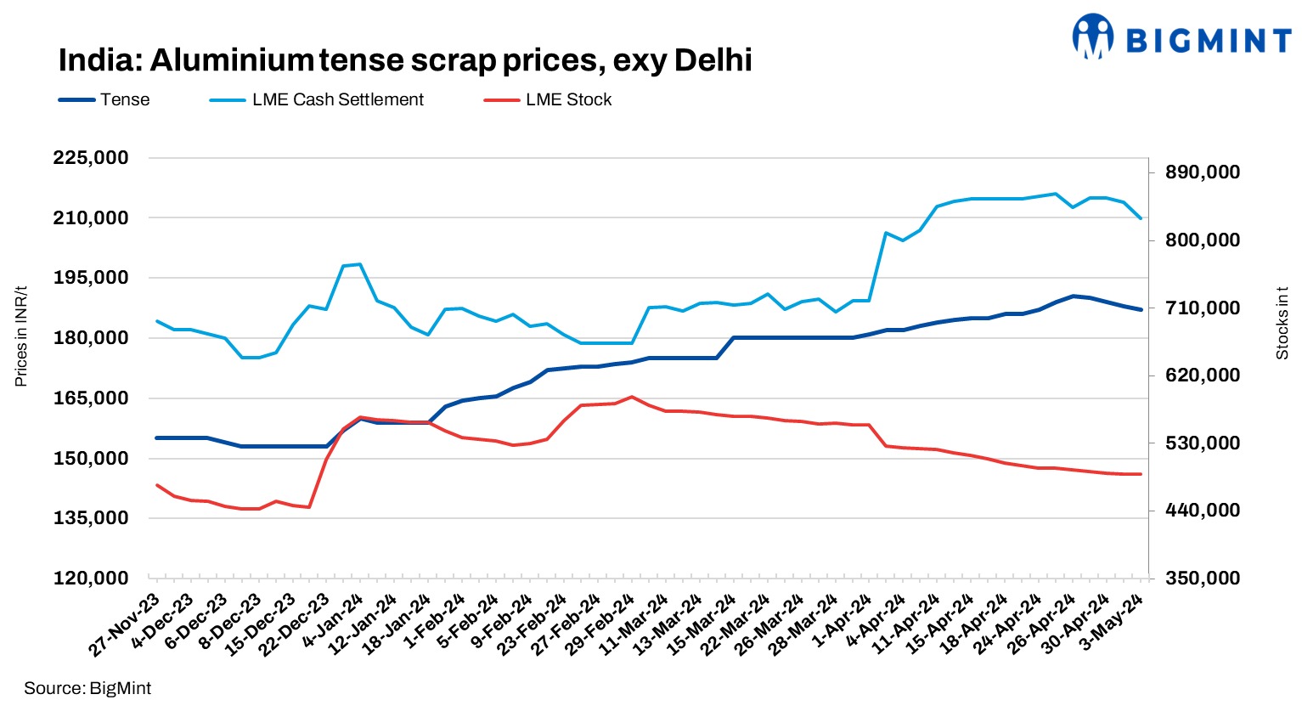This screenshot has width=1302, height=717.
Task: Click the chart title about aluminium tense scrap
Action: [x=405, y=60]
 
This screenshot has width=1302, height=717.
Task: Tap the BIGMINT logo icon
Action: [x=1092, y=37]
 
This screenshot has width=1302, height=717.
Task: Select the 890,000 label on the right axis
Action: [x=1203, y=172]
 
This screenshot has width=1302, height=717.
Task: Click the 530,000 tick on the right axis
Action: [x=1203, y=443]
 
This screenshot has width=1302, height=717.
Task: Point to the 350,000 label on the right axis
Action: [x=1203, y=579]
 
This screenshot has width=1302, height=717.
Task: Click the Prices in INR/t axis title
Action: [x=21, y=336]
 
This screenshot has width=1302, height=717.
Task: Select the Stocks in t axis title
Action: [x=1282, y=323]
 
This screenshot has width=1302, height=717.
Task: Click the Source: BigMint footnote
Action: [x=87, y=688]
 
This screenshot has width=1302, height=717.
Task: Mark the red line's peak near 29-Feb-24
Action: [x=631, y=397]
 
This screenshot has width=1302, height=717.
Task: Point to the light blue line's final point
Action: [x=1141, y=219]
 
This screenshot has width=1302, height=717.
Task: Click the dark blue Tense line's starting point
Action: [x=157, y=438]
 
